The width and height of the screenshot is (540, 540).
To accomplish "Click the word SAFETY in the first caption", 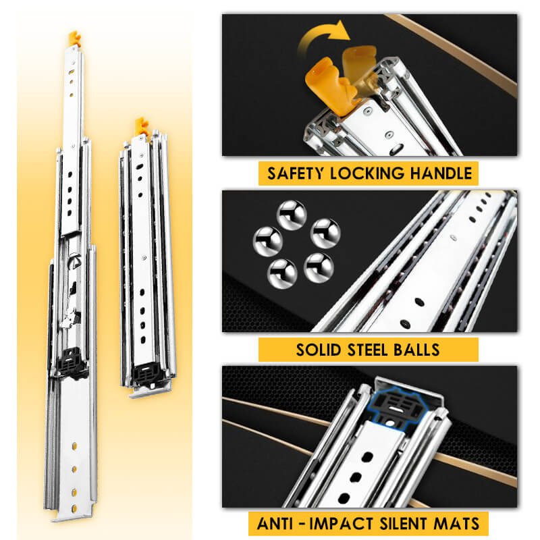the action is (296, 173).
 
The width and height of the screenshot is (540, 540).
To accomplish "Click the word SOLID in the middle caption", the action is (319, 350).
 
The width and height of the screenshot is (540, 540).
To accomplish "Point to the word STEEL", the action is (367, 350).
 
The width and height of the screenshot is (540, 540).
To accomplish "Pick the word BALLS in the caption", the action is (416, 350).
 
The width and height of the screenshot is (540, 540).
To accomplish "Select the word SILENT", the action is (404, 524).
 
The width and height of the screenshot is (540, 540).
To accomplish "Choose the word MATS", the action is (456, 524).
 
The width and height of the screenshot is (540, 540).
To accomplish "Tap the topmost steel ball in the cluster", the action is (292, 215).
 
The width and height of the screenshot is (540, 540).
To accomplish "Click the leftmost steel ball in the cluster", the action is (268, 242).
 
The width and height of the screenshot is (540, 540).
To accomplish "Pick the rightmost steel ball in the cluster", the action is (325, 234).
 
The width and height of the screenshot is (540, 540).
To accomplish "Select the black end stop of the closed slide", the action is (146, 374).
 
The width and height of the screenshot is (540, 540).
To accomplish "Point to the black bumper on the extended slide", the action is (71, 362).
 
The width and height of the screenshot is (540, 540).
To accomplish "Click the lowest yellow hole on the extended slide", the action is (74, 508).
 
